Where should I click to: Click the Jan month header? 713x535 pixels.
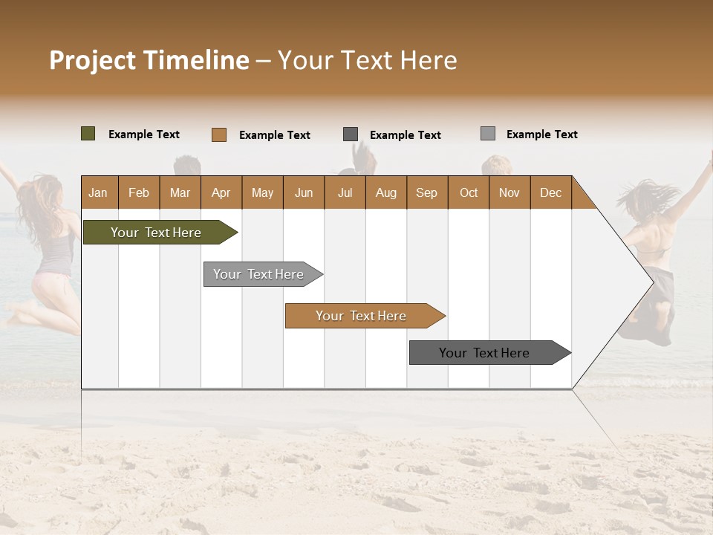(98, 192)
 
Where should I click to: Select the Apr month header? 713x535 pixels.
(221, 192)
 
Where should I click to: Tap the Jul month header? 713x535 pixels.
(345, 192)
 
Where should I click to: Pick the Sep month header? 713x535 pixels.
(426, 192)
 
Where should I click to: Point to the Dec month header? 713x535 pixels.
(550, 192)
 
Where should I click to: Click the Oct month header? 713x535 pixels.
(469, 192)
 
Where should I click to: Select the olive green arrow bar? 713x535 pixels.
(156, 233)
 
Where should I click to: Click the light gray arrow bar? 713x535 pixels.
(258, 274)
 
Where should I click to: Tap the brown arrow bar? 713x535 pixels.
(361, 316)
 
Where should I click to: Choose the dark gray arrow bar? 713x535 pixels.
(484, 353)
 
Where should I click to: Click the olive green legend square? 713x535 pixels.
(88, 134)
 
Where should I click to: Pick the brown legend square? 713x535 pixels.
(218, 134)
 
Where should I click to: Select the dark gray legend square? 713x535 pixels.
(351, 134)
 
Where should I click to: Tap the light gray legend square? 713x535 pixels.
(487, 134)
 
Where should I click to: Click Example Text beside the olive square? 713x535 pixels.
(144, 134)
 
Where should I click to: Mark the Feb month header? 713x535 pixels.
(139, 192)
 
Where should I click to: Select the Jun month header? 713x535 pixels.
(304, 192)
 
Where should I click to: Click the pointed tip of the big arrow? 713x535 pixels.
(651, 282)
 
